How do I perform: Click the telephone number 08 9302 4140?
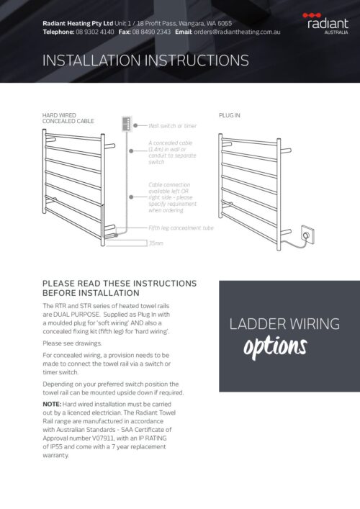(x=95, y=32)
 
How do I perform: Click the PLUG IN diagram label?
(x=230, y=115)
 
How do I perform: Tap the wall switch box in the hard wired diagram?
(x=128, y=124)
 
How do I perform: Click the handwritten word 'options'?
(x=275, y=347)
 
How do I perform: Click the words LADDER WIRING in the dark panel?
(x=284, y=324)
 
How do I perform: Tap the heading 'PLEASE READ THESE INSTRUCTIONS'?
(x=119, y=283)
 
